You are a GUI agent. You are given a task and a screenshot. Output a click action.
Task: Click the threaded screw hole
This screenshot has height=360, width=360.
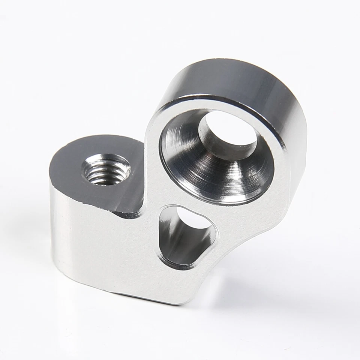pyautogui.click(x=106, y=169)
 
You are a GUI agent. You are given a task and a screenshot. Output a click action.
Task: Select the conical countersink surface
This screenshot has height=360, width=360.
pyautogui.click(x=187, y=169)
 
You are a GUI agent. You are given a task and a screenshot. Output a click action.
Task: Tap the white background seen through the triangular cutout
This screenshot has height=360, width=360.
pyautogui.click(x=193, y=219)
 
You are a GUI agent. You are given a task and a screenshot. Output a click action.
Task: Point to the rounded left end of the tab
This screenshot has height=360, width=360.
pyautogui.click(x=52, y=195)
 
